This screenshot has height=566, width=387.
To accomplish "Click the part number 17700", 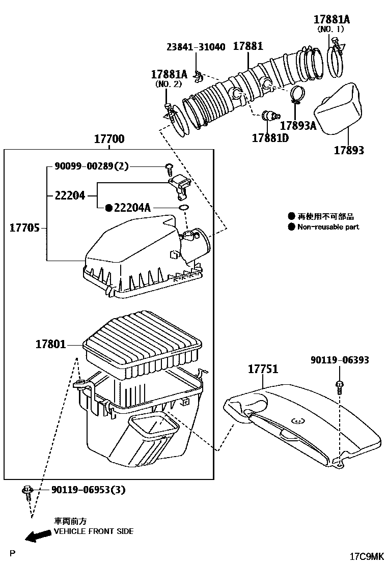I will click(x=109, y=139).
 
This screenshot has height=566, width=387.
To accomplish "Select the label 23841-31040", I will click(x=196, y=47).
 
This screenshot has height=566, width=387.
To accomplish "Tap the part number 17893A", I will click(x=298, y=125).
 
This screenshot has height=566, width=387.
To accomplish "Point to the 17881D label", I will click(x=270, y=137).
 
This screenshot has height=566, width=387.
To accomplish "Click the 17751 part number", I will click(x=263, y=369).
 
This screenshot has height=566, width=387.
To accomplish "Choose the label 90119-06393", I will click(x=340, y=360).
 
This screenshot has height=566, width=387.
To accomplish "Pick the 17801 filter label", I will click(x=50, y=345).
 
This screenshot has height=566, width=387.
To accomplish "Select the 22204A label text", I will click(x=132, y=208).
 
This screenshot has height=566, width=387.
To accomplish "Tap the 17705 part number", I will click(x=25, y=228).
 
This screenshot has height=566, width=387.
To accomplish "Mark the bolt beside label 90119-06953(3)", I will click(x=26, y=492).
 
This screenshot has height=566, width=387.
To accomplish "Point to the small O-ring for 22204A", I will click(x=184, y=208).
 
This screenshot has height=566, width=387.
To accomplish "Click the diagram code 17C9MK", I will click(x=366, y=556).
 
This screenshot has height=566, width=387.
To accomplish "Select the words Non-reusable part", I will click(x=328, y=227).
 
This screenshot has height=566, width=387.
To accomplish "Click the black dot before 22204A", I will click(x=108, y=208).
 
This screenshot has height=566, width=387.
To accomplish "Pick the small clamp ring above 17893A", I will click(x=296, y=93).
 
